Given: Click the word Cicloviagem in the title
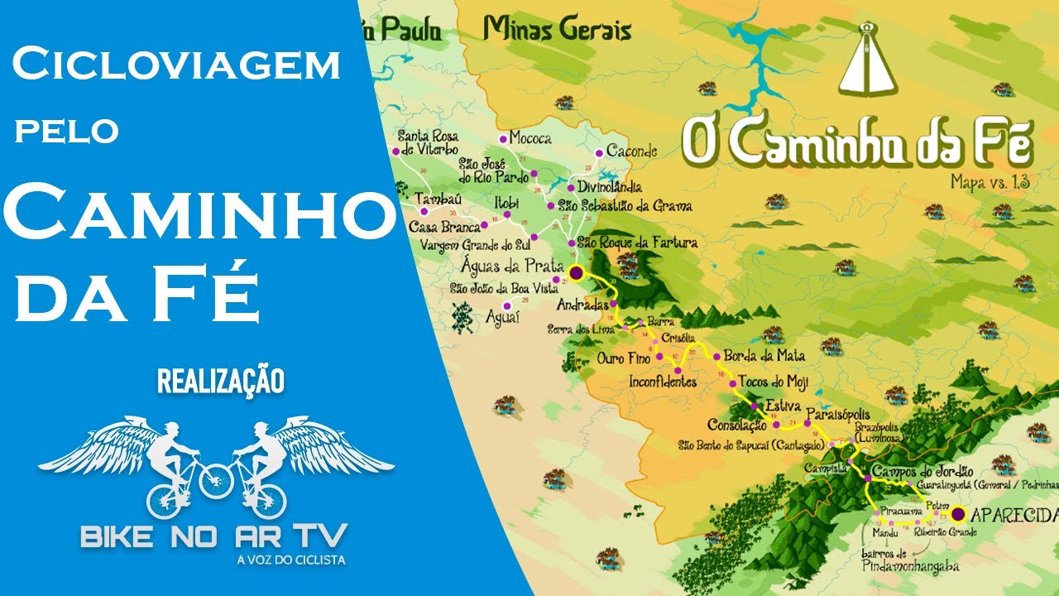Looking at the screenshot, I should pos(176,65).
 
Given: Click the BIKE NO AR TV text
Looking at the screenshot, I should pos(213,536).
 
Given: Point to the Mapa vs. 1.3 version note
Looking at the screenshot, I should pos(990,181).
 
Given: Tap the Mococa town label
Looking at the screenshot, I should pos(530,138).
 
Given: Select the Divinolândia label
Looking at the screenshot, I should pos(610,188).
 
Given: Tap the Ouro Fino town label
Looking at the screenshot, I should pos(623,359).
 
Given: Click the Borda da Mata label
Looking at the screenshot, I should pos(764,357).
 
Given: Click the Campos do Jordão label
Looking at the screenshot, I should pos(922,470).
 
